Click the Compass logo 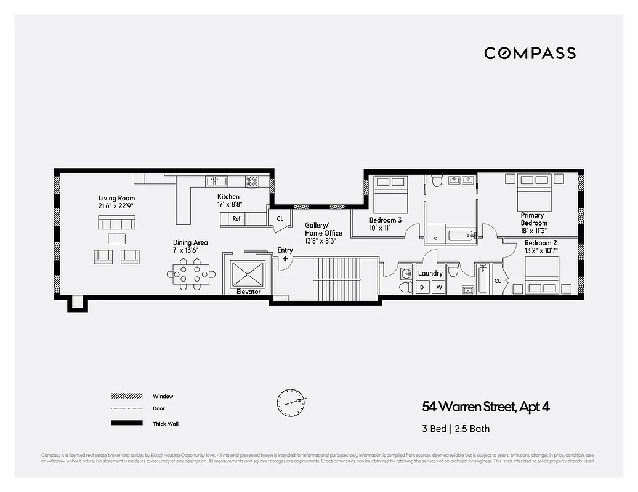pos(530,53)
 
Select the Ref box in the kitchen pos(236,218)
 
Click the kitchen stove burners pos(252,181)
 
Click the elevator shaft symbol pos(248,274)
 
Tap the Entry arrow pos(285,259)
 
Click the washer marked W pos(440,287)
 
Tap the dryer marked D pos(422,287)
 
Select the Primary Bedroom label pos(533,220)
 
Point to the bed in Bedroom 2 pos(542,275)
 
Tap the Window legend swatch pos(127,396)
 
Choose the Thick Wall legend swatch pos(127,423)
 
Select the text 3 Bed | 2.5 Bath pos(456,429)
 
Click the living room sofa pos(116,222)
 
